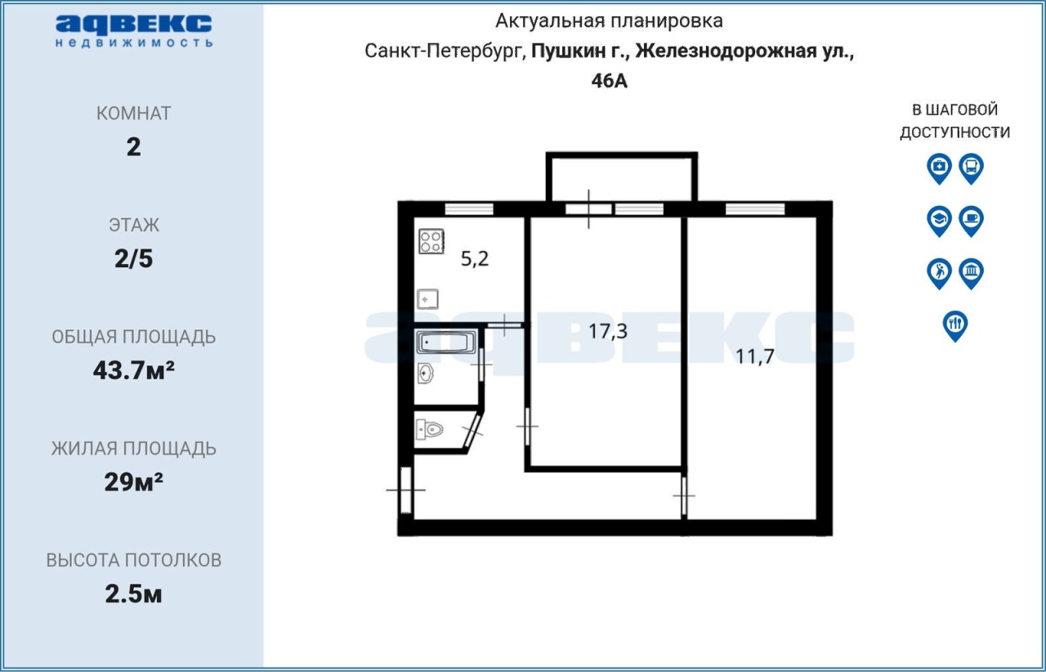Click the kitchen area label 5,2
[x=475, y=259]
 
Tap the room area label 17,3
[x=607, y=331]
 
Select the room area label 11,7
[x=754, y=356]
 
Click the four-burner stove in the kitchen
[x=431, y=241]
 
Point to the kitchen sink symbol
[x=427, y=299]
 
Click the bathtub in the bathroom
[x=446, y=342]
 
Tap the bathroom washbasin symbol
[x=425, y=374]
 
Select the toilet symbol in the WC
[x=429, y=429]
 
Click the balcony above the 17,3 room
[x=622, y=177]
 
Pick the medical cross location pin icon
[x=939, y=168]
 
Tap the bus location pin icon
[x=972, y=168]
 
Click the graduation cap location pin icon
[x=939, y=221]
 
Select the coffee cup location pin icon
[x=972, y=221]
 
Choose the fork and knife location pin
[x=955, y=326]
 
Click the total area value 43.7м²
[x=133, y=370]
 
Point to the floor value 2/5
[x=133, y=259]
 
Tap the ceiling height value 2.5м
[x=133, y=594]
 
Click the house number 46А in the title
[x=609, y=81]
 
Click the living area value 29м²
[x=133, y=482]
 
